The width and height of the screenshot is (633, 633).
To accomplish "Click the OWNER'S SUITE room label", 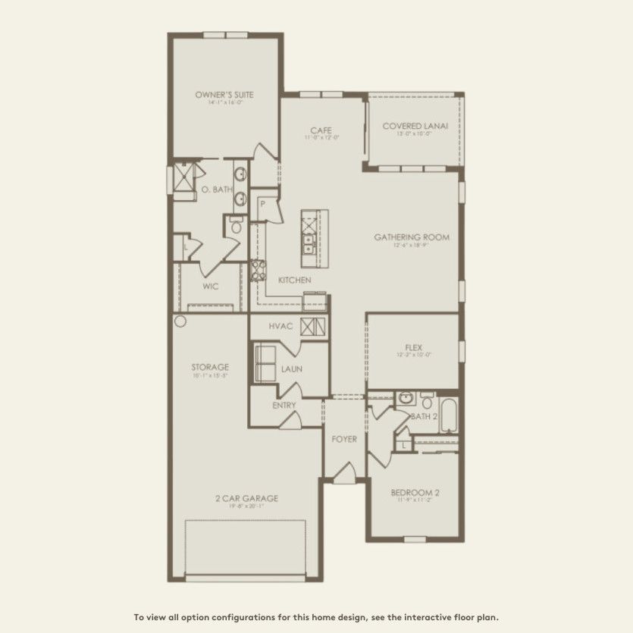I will pyautogui.click(x=224, y=96).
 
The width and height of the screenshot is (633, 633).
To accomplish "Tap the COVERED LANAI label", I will pyautogui.click(x=413, y=127).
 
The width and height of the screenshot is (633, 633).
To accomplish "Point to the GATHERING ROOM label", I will pyautogui.click(x=411, y=237).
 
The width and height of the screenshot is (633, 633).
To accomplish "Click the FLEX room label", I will pyautogui.click(x=413, y=347).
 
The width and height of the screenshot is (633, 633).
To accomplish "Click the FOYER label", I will pyautogui.click(x=344, y=439).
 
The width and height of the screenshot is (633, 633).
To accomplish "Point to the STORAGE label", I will pyautogui.click(x=210, y=367).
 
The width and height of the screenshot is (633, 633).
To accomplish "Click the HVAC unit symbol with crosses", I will pyautogui.click(x=313, y=327).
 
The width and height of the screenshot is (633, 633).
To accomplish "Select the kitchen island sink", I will pyautogui.click(x=309, y=243).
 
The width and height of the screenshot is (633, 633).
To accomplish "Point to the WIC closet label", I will pyautogui.click(x=211, y=287).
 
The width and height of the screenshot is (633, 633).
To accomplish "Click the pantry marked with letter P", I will pyautogui.click(x=262, y=205).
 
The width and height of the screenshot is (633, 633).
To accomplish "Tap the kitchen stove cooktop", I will pyautogui.click(x=259, y=269).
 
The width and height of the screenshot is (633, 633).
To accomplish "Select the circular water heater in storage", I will pyautogui.click(x=180, y=321).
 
